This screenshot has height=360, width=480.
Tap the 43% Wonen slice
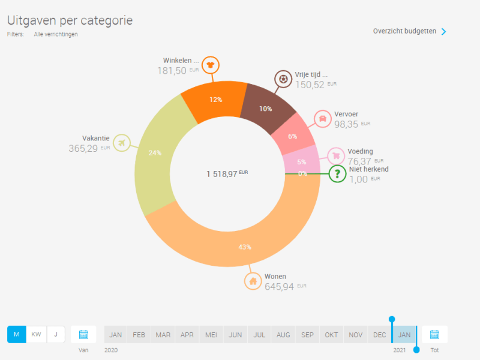coord(245,240)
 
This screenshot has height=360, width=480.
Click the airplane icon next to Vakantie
coord(122,143)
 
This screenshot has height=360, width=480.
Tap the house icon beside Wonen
coord(253,281)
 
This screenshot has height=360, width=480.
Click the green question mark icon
coord(337,174)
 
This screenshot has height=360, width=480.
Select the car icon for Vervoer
coord(323,119)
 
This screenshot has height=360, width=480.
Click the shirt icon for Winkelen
coord(210,64)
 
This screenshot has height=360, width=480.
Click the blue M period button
coord(16,334)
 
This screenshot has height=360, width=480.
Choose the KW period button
coord(37,334)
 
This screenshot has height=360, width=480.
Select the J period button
coord(56,334)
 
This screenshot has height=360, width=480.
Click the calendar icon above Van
coord(83,334)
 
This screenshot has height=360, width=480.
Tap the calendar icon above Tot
coord(434,334)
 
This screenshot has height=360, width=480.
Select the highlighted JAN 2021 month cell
coord(404,334)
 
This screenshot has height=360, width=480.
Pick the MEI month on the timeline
coord(211,334)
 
